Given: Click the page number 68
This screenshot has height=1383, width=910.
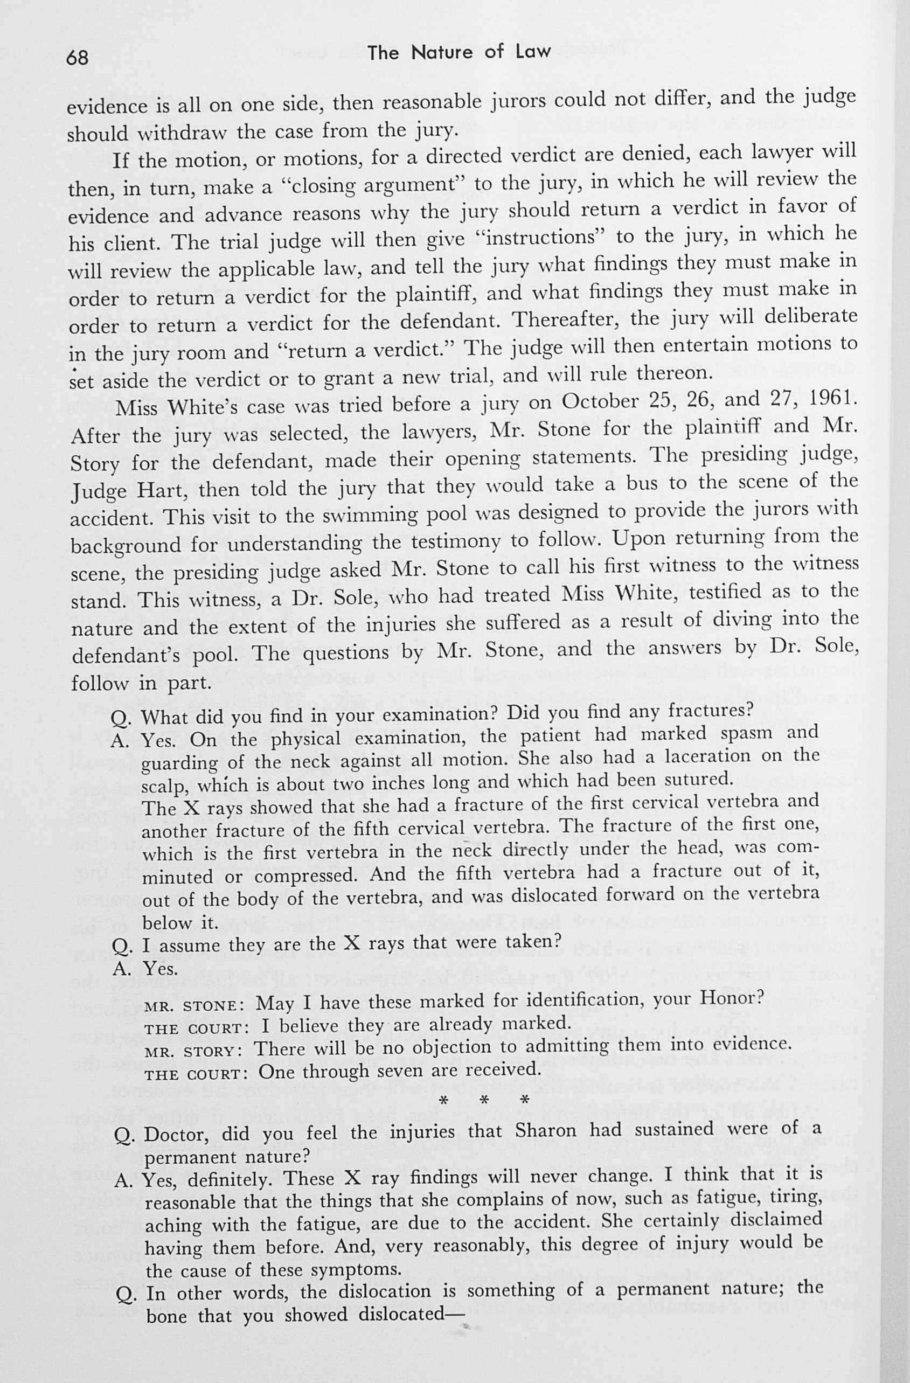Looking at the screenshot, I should (x=77, y=58).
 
